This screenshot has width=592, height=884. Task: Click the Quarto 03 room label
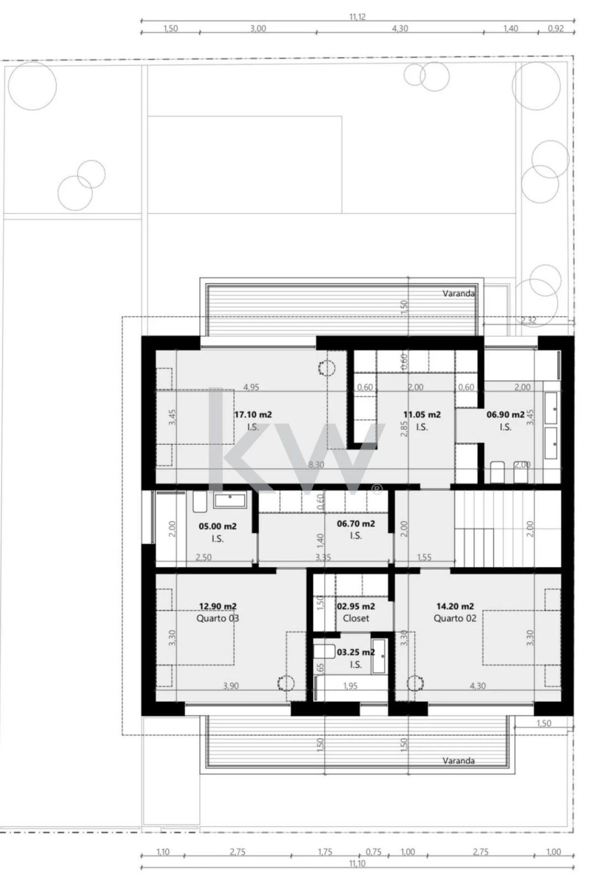coord(218,618)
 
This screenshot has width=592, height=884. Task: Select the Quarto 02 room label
coord(455,618)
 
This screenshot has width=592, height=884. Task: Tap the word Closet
coord(356,618)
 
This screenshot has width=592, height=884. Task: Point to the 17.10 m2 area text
coord(253,415)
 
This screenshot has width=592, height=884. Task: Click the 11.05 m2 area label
coord(422,415)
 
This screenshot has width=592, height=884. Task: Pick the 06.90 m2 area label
coord(506,415)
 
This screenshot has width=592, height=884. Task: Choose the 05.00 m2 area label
coord(217,526)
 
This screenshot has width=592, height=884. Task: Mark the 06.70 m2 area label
coord(356,523)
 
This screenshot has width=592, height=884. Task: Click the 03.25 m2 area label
coord(356,652)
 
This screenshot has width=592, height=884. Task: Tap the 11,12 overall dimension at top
coord(358,17)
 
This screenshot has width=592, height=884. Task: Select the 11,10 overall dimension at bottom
coord(358,863)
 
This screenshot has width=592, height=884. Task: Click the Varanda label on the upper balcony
coord(458,293)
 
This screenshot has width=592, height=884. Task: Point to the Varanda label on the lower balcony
coord(458,760)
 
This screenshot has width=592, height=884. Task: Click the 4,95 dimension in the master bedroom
coord(251,387)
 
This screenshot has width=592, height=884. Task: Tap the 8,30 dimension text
coord(316,465)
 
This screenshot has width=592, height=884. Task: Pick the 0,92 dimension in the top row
coord(556,28)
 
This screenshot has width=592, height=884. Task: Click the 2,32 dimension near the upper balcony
coord(529,320)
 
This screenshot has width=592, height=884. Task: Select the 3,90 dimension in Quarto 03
coord(231,686)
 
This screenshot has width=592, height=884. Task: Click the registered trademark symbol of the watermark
coord(377,489)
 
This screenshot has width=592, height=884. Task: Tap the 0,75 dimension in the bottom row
coord(374,852)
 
